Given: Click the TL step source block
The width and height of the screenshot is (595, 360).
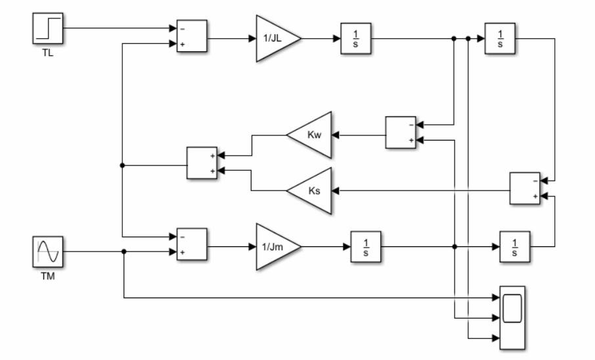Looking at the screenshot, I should point(49,28).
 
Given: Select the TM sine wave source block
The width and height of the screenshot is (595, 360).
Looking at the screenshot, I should point(49,252).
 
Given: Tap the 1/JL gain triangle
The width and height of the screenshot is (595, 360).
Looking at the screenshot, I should point(274,39).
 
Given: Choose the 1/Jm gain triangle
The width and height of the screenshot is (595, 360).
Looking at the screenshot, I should point(274,247).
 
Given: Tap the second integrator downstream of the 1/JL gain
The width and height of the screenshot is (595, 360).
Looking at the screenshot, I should point(500,39).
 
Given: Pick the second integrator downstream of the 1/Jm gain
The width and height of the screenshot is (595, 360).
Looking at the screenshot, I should point(515,247).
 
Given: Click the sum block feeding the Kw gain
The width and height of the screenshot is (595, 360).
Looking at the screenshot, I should point(401,133).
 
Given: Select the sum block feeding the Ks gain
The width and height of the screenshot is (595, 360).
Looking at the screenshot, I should point(525,189).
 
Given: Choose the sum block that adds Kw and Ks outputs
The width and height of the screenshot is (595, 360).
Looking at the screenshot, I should point(202,163).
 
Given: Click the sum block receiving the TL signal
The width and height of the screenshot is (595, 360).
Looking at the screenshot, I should point(191,36).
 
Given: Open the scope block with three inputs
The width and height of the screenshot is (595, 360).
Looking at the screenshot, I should point(512,317).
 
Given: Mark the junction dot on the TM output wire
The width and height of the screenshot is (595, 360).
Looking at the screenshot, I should point(123,252).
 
